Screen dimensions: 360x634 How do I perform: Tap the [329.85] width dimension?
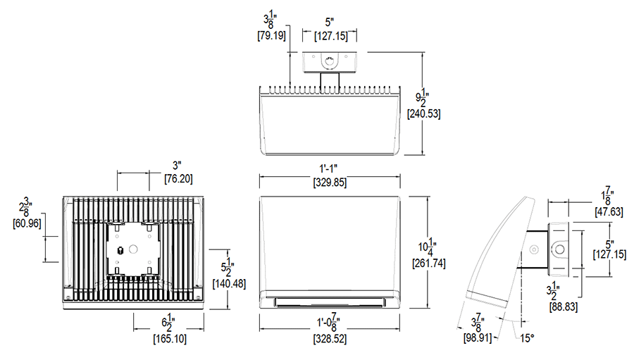[x=329, y=182]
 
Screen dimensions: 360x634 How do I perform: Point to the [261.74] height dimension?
[x=429, y=263]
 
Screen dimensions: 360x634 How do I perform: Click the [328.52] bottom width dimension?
[x=329, y=339]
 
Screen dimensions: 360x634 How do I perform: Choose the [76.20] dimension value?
[x=178, y=179]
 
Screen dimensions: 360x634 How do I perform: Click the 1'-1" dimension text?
[x=329, y=169]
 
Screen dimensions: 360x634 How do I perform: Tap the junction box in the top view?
[x=329, y=63]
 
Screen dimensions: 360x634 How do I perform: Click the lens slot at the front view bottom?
[x=329, y=302]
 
